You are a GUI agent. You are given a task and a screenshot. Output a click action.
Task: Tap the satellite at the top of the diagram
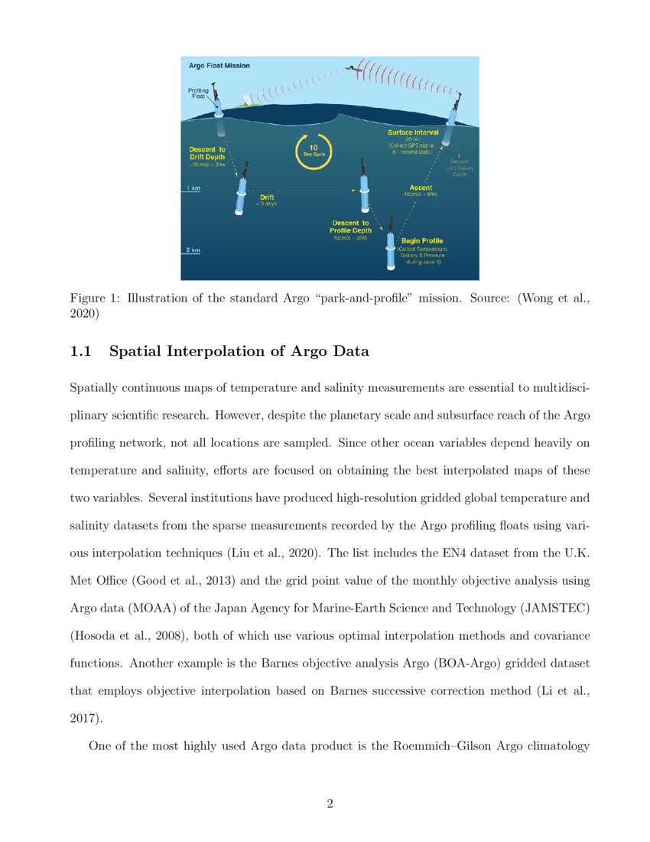353,69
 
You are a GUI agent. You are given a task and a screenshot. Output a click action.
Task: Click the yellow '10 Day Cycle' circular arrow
314,150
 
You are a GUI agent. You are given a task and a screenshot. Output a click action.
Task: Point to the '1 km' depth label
193,188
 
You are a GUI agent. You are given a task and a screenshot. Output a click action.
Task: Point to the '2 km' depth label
193,250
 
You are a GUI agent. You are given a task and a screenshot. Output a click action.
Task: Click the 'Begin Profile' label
422,240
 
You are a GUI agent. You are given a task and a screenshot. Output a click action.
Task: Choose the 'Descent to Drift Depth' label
206,153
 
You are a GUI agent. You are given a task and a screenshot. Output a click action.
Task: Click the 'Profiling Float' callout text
199,93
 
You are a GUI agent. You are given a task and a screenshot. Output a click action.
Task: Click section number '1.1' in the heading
80,351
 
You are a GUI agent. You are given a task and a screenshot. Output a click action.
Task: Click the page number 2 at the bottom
330,803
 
